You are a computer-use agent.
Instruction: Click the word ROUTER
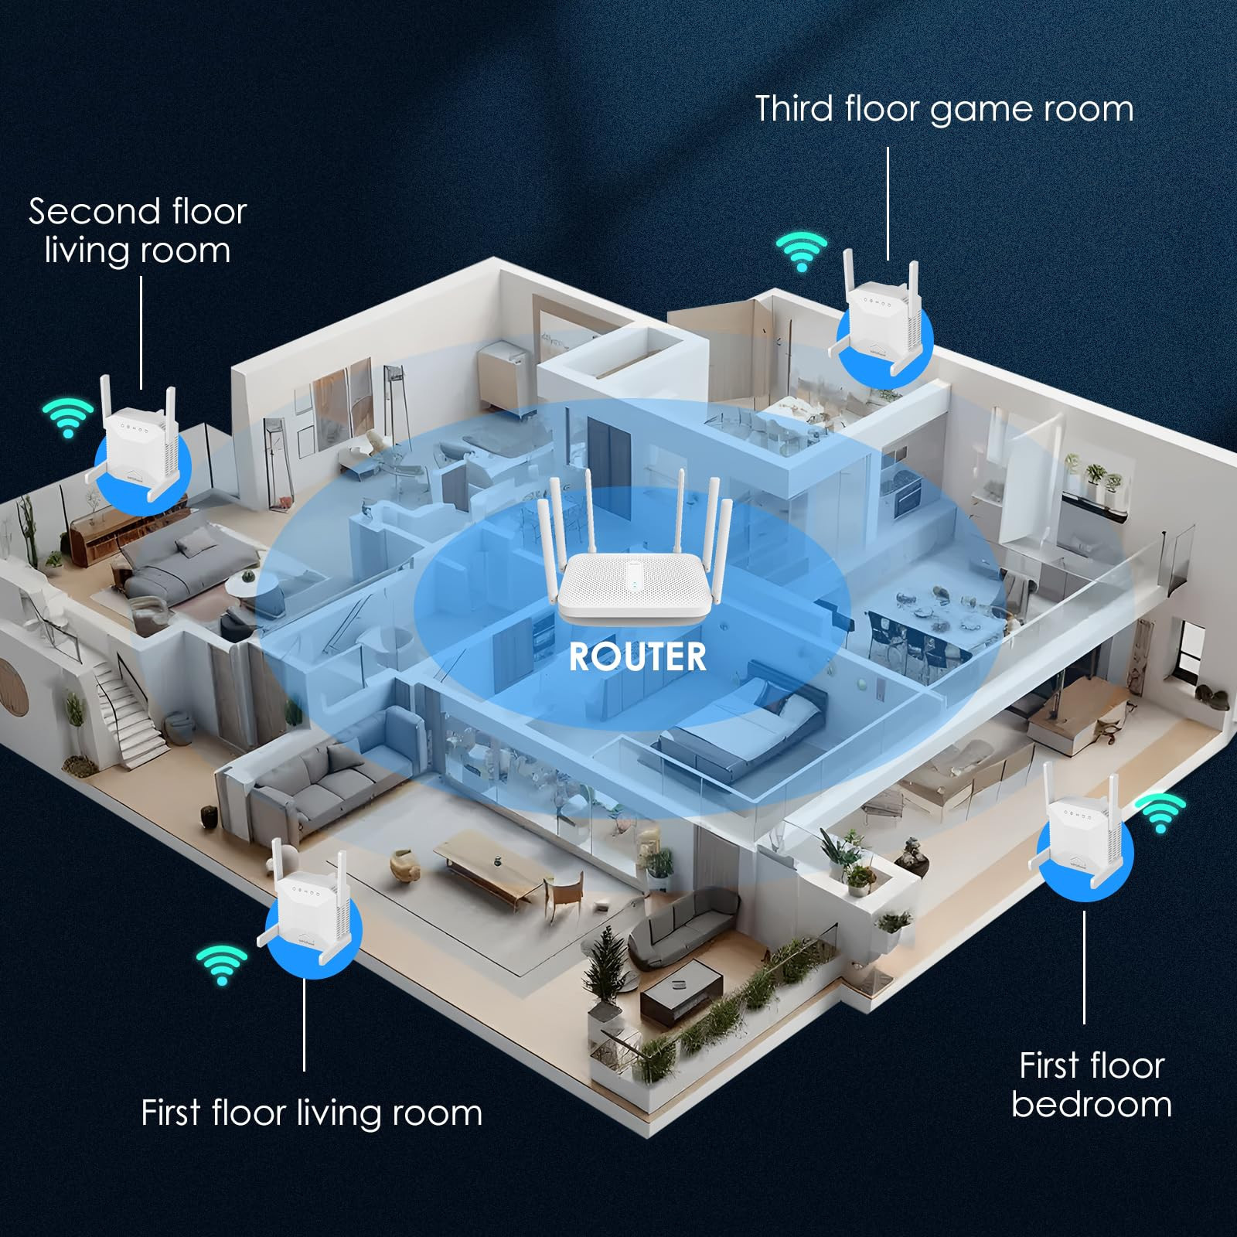point(637,657)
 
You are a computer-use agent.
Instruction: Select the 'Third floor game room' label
point(944,109)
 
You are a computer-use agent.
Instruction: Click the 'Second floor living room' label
point(138,230)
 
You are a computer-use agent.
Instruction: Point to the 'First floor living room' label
point(312,1113)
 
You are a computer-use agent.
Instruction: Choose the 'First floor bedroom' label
point(1091,1085)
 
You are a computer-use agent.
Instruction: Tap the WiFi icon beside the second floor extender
point(68,417)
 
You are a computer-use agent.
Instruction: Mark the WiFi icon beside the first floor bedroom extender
point(1160,812)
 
